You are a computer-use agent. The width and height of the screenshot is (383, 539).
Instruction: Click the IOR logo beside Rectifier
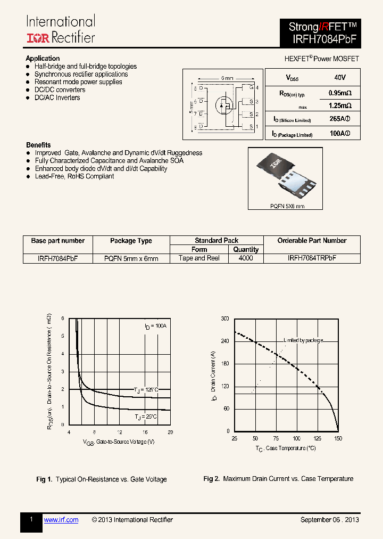point(38,37)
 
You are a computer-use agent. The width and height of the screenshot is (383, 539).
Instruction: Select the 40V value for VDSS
point(339,78)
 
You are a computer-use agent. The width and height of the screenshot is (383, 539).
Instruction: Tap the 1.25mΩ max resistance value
point(340,105)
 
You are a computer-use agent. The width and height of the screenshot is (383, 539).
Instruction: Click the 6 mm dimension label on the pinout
point(227,78)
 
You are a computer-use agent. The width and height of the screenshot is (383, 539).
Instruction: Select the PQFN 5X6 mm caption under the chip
point(286,206)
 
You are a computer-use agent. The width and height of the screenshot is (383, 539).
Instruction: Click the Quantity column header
point(246,249)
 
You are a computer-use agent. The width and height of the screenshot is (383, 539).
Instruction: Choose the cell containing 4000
point(246,258)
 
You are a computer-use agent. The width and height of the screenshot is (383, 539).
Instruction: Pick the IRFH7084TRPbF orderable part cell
point(312,258)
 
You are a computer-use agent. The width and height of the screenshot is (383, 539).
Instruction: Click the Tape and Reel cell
point(199,258)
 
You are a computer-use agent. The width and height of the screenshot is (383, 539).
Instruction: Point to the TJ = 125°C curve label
point(146,390)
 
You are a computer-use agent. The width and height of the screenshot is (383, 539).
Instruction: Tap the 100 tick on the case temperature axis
point(296,438)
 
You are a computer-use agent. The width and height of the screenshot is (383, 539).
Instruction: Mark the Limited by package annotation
point(303,340)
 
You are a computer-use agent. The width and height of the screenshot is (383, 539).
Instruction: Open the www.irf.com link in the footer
point(61,520)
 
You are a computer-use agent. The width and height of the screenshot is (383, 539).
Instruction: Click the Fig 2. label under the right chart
point(211,479)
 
